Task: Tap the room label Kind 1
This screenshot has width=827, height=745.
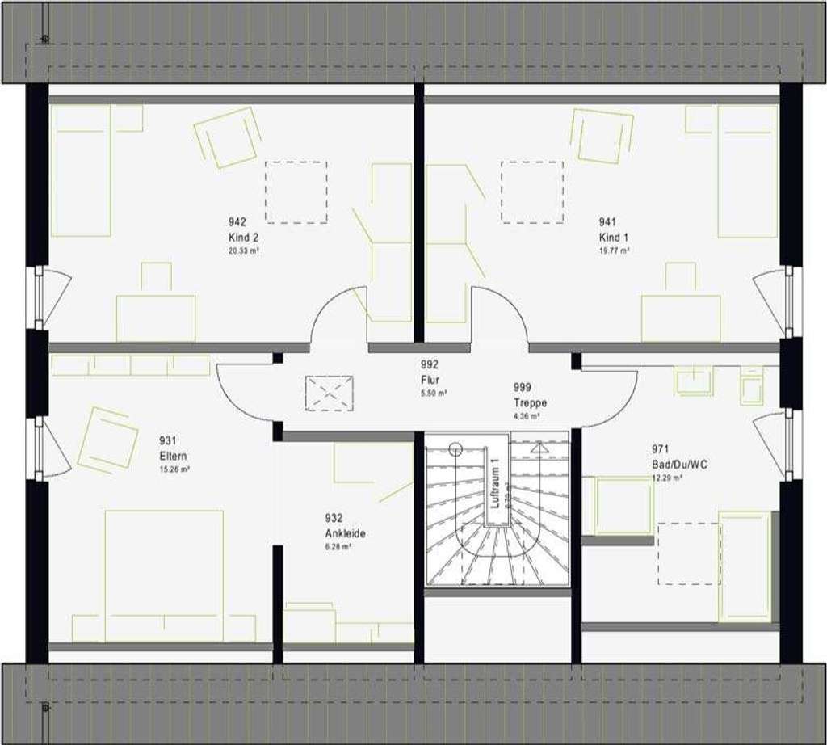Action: click(x=611, y=238)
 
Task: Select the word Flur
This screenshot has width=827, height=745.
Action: click(x=429, y=379)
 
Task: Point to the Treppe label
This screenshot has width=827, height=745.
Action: click(x=530, y=402)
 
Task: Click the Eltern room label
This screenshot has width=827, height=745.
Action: click(x=173, y=456)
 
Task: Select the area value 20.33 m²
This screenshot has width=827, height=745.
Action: click(x=243, y=251)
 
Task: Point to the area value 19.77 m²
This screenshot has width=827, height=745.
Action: click(x=613, y=251)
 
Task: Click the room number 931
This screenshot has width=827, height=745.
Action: click(x=169, y=441)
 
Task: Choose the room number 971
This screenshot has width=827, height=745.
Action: click(x=660, y=449)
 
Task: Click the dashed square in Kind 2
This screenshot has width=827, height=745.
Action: click(x=296, y=192)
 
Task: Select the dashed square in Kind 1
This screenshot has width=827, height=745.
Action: click(x=531, y=192)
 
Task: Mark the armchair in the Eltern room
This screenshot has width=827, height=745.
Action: click(x=107, y=440)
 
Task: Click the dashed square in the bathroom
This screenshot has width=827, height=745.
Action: click(x=688, y=553)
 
